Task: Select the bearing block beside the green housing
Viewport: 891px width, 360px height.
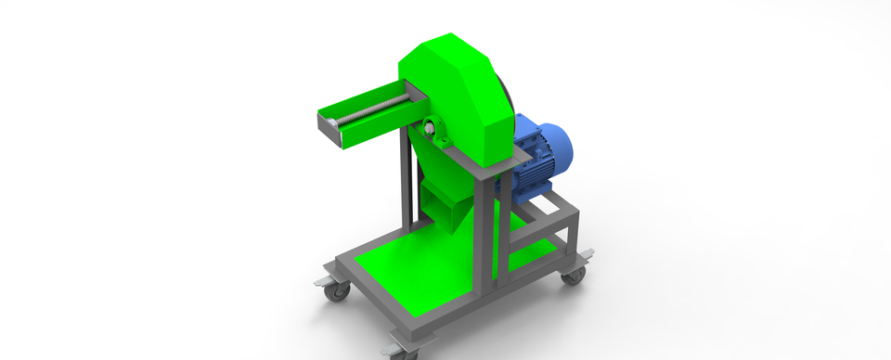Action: [433, 131]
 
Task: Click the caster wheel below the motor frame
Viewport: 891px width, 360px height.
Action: [575, 275]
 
